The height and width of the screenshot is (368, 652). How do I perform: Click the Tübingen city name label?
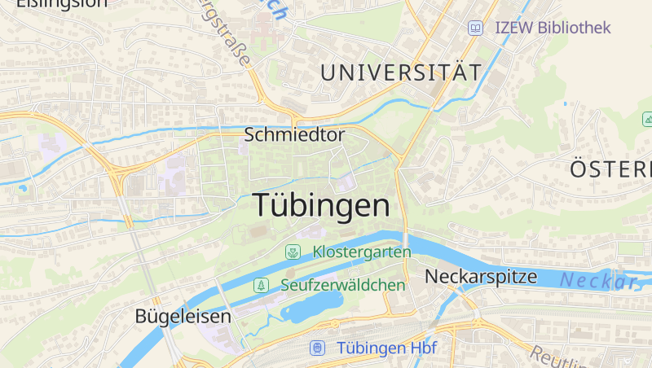pos(321,205)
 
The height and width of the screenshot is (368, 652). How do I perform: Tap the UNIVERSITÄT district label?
pos(401,72)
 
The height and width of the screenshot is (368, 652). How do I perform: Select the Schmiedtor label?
pos(294,135)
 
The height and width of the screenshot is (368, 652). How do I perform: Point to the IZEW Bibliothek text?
pos(553,28)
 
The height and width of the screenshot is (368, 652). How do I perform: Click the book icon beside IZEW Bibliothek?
pos(475,28)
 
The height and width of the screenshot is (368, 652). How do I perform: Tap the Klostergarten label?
pos(362,252)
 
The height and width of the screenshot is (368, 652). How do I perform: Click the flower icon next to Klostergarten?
pos(293,252)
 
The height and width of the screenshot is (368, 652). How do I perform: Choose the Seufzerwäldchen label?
pos(342,285)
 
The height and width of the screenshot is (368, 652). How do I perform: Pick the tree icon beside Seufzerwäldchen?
pos(261,285)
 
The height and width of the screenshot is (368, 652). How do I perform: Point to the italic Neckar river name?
pos(599,282)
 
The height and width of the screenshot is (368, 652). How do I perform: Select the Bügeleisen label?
pos(183,316)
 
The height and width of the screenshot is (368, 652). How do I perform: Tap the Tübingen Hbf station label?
pos(386,348)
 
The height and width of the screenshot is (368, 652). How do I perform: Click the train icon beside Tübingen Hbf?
pos(317,348)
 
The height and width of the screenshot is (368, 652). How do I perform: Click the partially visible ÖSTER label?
pos(610,169)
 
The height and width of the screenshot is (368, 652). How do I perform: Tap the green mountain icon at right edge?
pos(647,120)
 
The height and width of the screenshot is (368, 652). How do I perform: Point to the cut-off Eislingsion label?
pos(61,3)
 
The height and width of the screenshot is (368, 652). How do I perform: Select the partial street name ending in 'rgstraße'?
pos(227,34)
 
